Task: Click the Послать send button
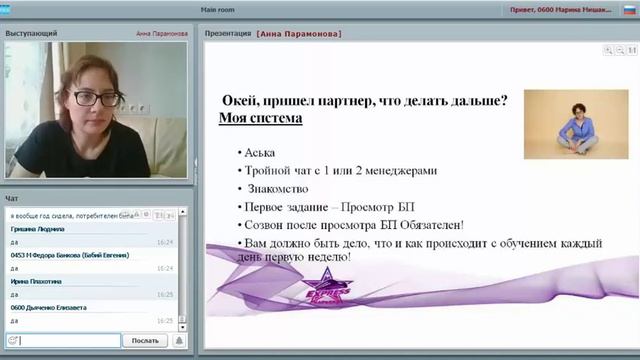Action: pos(144,340)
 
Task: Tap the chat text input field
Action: pos(70,340)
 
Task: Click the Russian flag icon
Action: pos(629,9)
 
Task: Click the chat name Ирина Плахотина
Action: pos(35,281)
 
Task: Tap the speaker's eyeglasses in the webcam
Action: pos(97,98)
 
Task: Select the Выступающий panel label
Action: pos(31,33)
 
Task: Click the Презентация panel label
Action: pos(228,33)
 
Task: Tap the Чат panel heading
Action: pos(12,198)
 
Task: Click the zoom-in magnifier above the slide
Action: pos(607,49)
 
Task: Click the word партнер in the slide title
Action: pos(344,100)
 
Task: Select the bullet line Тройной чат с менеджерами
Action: pos(341,170)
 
